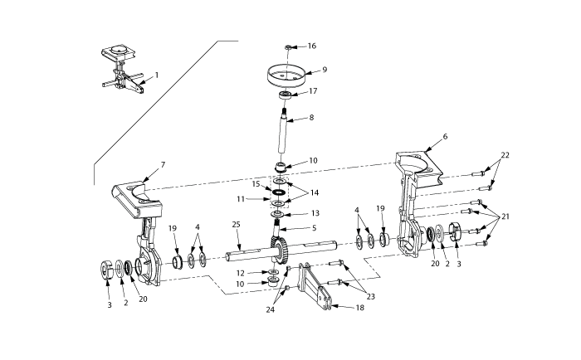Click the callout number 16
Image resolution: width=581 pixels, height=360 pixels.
(x=312, y=46)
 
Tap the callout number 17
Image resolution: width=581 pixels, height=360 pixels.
(x=312, y=91)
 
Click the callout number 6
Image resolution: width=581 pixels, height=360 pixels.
(x=445, y=136)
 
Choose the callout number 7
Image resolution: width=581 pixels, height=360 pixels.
(x=163, y=165)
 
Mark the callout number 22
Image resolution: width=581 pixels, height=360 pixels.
(x=505, y=156)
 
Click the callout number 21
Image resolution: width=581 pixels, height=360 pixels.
(x=505, y=216)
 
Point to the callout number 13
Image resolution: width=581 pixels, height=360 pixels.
(x=315, y=213)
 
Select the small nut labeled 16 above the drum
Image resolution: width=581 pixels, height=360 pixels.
(x=287, y=47)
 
